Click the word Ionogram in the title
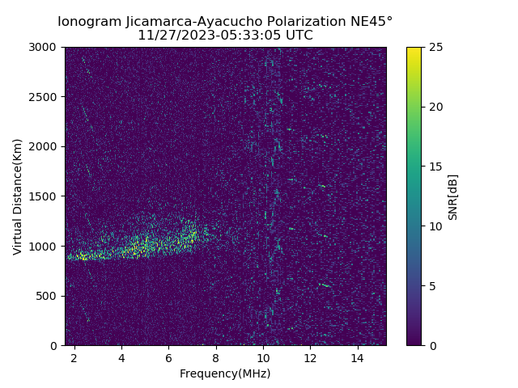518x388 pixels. tap(88, 21)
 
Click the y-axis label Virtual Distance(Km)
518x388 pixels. tap(18, 196)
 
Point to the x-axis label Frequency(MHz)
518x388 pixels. tap(225, 373)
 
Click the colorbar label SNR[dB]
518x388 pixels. tap(453, 196)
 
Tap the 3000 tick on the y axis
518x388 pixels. tap(45, 47)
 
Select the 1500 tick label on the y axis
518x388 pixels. tap(45, 196)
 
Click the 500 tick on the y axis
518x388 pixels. tap(49, 296)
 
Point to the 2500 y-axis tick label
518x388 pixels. tap(45, 97)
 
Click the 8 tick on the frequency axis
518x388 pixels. tap(216, 357)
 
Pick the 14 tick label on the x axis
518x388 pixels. tap(357, 357)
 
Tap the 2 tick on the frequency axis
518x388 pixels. tap(74, 357)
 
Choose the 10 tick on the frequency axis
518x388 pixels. tap(263, 357)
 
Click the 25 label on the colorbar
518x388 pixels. tap(435, 47)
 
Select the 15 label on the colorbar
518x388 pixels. tap(435, 167)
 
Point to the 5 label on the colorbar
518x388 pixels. tap(432, 286)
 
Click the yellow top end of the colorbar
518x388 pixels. tap(414, 50)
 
